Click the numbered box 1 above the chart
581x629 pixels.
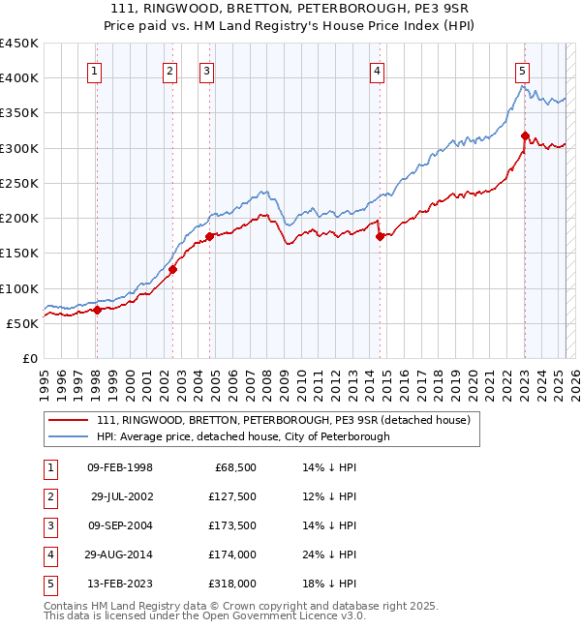click(x=95, y=70)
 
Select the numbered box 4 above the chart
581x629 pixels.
click(x=377, y=70)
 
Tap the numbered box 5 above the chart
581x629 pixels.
click(x=522, y=70)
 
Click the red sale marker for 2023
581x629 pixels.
click(x=525, y=135)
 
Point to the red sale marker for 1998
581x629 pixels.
click(x=97, y=310)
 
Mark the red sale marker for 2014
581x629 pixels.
click(x=380, y=236)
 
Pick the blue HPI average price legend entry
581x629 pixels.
click(x=242, y=436)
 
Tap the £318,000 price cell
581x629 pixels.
click(x=232, y=584)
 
